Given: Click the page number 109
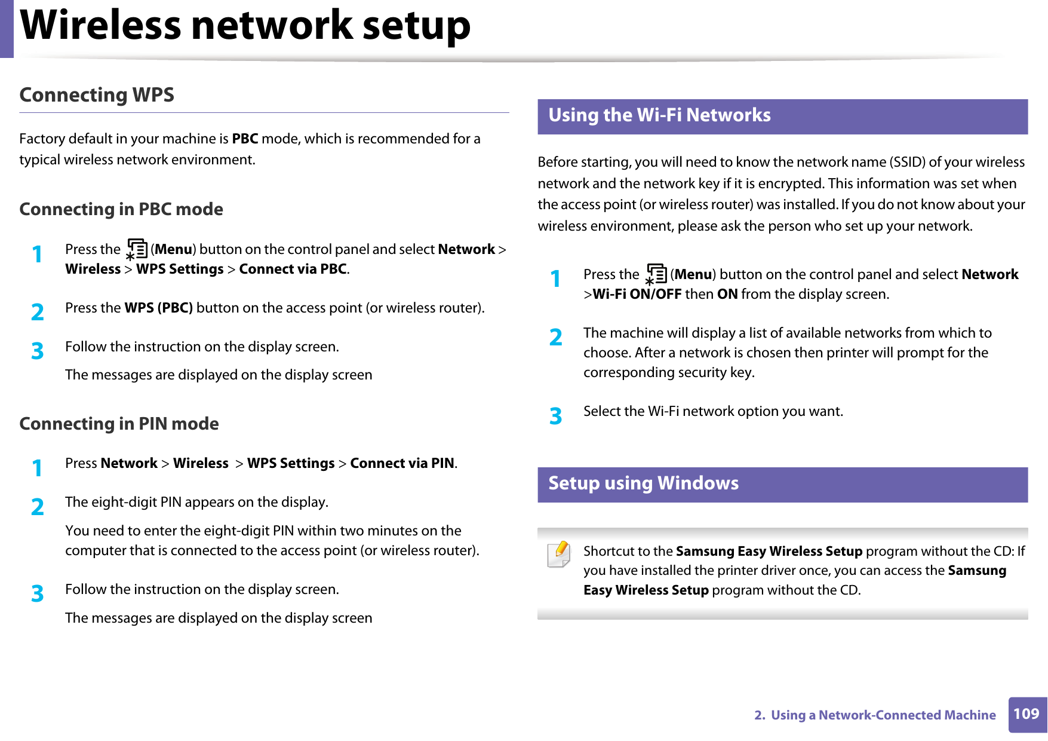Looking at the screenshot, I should pos(1026,714).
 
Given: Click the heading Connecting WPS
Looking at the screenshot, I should pos(97,95).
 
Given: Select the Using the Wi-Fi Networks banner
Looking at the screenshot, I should pos(782,116).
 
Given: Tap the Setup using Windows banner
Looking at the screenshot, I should pos(782,484).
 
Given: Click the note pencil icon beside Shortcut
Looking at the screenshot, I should pos(559,555).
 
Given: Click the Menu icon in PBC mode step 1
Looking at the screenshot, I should pos(136,249).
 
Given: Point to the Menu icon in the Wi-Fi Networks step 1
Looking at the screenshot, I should pos(656,274).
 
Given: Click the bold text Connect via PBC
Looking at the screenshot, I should pos(293,270).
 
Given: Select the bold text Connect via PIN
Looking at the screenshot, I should pos(402,464).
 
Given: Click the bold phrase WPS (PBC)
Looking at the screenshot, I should pos(158,308).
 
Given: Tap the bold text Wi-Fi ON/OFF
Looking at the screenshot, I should pos(637,295).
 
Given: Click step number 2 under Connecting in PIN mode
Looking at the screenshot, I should pos(38,507).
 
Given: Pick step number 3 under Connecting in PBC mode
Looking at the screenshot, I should pos(38,351).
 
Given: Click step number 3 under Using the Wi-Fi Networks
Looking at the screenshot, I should pos(556,416).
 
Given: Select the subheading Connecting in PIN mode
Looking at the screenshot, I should pos(119,424).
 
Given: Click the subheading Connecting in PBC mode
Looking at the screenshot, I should pos(121,210).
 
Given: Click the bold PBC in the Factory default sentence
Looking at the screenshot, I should pos(245,139).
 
